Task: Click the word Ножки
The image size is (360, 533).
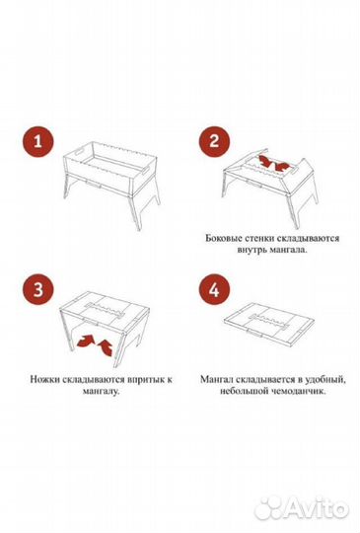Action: click(x=45, y=378)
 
